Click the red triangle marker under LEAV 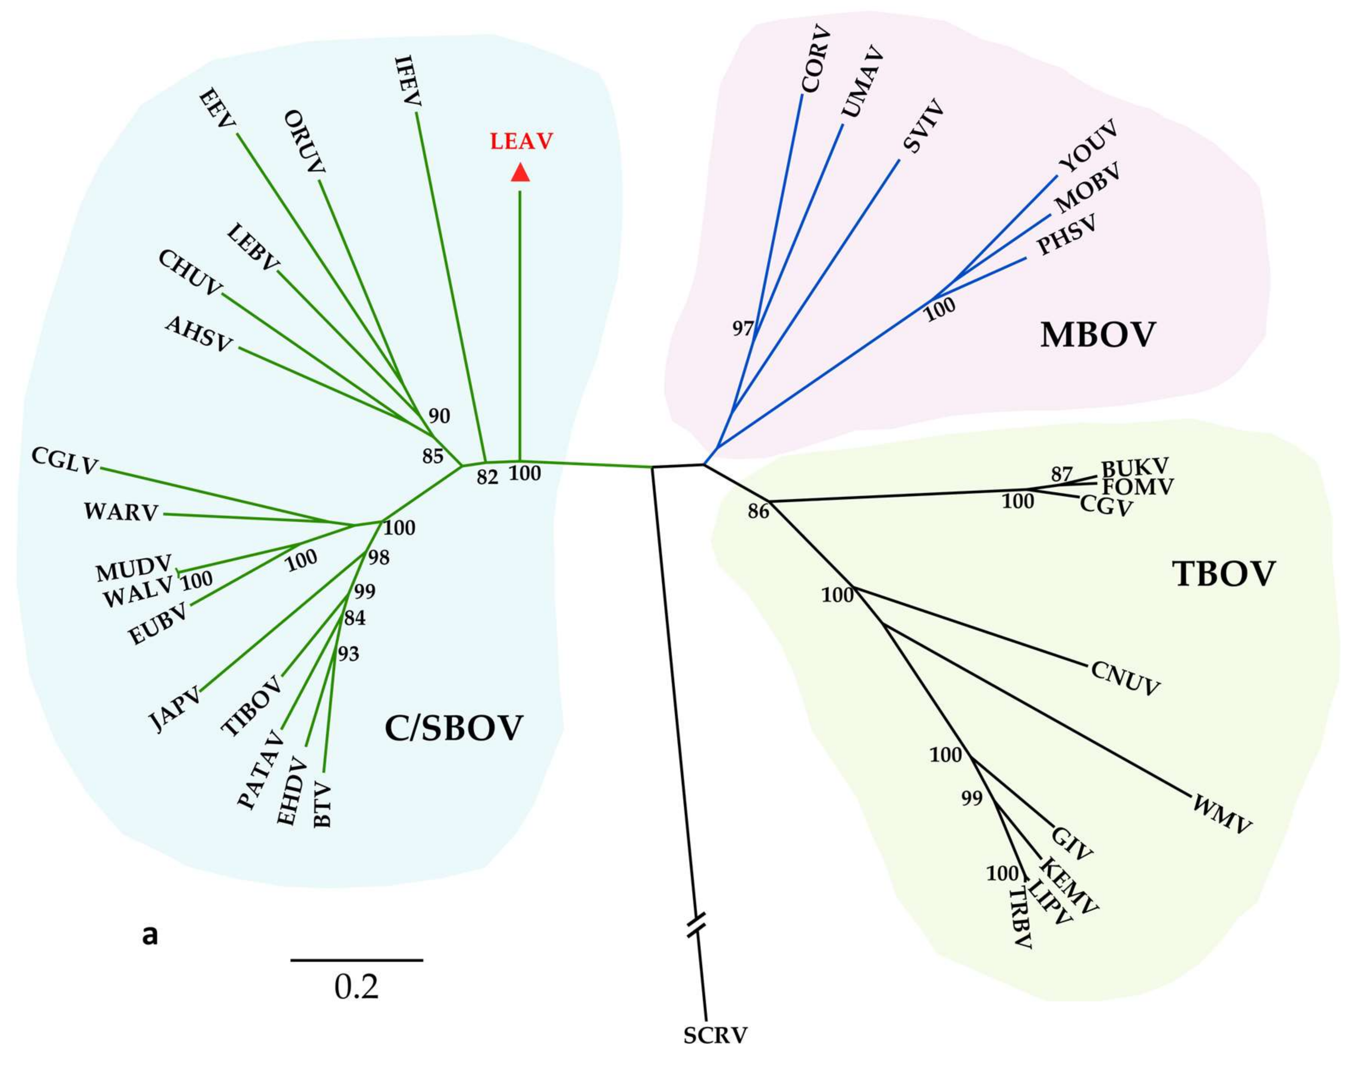pos(519,172)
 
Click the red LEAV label pos(521,141)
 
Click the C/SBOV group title pos(453,729)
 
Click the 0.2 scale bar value pos(356,987)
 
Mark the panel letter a pos(150,936)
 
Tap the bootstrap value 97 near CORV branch pos(743,328)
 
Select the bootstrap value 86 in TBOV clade pos(758,512)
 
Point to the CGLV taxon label pos(65,462)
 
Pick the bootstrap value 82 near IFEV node pos(487,477)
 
